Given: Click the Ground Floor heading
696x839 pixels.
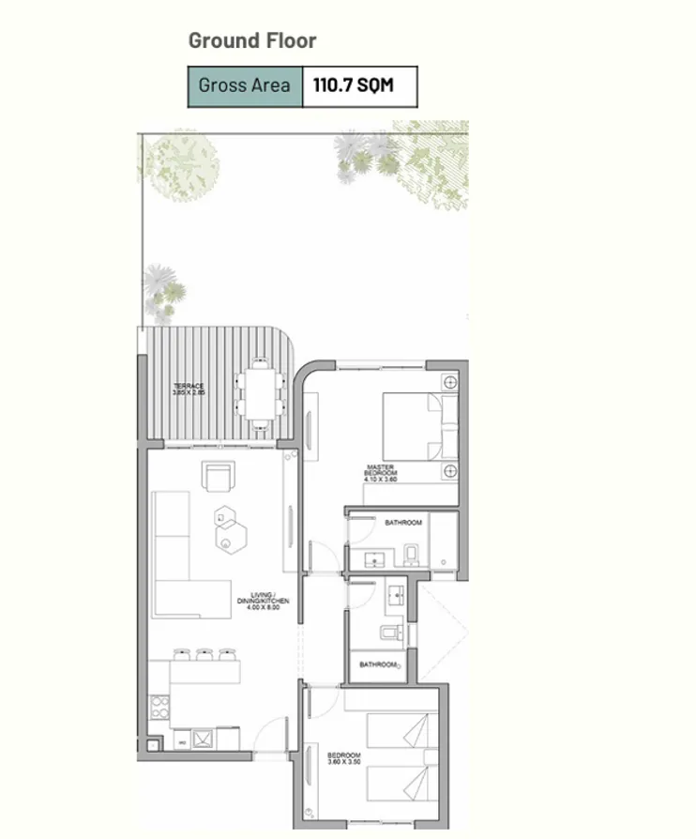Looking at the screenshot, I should [252, 40].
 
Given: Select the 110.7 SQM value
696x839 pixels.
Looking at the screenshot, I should [353, 86].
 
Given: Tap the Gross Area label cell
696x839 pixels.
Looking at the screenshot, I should [244, 86].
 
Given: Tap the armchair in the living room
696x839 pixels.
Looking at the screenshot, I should [219, 477].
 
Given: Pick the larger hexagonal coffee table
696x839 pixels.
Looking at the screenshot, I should [229, 538].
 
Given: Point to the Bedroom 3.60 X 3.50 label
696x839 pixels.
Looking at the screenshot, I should [343, 759].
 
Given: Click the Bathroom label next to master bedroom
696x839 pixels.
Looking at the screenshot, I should [403, 522].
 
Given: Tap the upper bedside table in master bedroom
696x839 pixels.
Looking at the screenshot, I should [450, 383].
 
